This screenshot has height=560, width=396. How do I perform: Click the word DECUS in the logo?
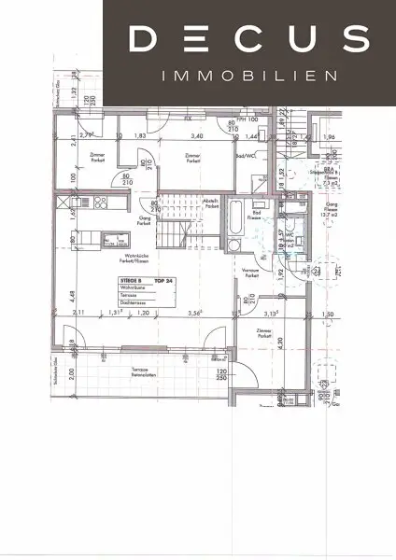[248, 39]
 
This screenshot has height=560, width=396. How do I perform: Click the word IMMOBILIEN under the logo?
[248, 76]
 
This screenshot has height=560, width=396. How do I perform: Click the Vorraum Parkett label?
[249, 272]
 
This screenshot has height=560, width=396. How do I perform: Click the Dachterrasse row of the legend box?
[133, 303]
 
